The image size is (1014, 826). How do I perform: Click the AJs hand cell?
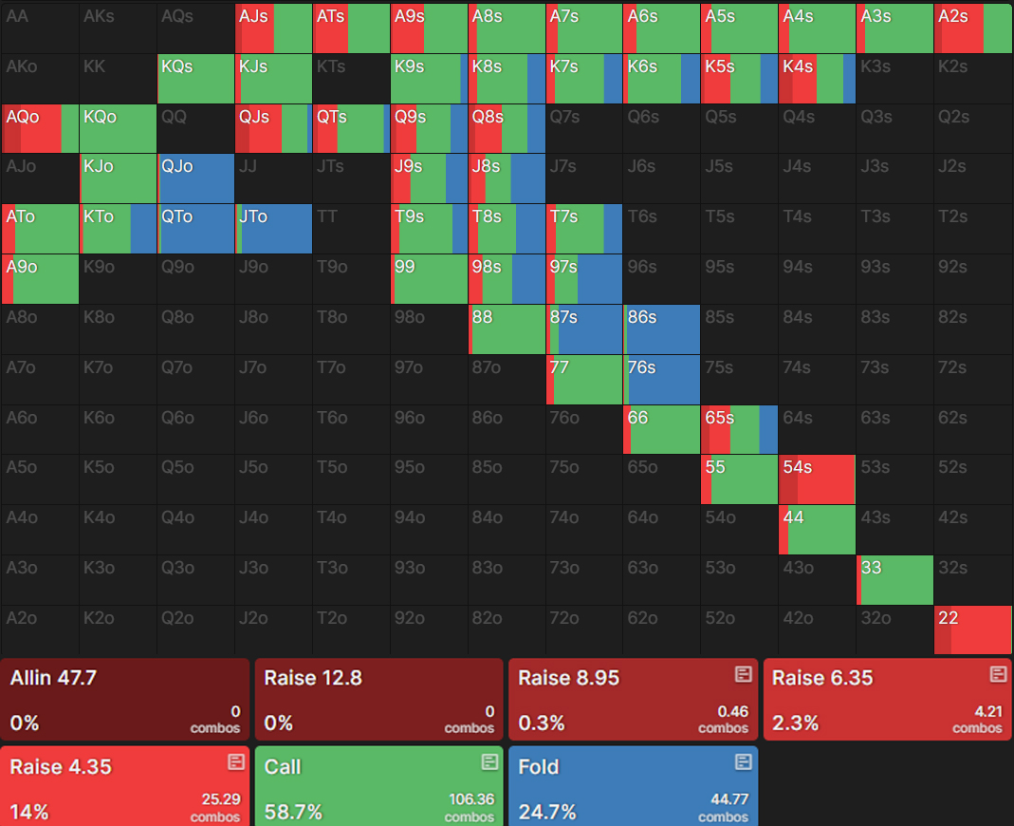(273, 28)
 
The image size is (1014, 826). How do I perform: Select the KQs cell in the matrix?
(195, 79)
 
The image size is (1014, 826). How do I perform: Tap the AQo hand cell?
(40, 129)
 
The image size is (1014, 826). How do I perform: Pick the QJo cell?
(195, 179)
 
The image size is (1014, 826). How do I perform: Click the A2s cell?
(973, 28)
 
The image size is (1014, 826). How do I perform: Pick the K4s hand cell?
(817, 79)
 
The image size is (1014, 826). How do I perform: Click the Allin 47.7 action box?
(124, 700)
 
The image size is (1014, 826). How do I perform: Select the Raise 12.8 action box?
(378, 700)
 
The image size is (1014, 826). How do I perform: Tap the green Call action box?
(378, 786)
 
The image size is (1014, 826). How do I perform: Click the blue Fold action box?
(633, 786)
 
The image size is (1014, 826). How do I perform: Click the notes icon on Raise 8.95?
(744, 674)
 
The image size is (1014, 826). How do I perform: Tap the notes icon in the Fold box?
(744, 762)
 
